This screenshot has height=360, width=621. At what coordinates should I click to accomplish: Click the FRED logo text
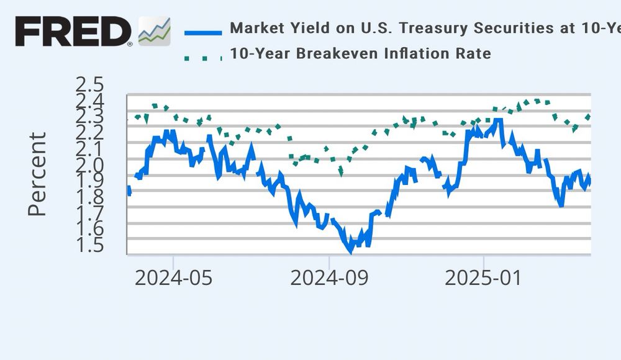coord(73,31)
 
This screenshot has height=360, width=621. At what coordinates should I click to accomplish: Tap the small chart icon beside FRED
coord(154,31)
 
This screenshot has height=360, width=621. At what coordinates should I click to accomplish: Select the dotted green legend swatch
coord(202,58)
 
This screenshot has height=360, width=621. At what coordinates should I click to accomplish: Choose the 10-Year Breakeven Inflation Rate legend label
coord(360,53)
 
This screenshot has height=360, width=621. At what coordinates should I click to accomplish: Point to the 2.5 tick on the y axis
coord(89,84)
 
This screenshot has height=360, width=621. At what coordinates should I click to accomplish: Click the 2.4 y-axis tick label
coord(89,101)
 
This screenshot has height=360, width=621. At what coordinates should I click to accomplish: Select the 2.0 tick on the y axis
coord(89,165)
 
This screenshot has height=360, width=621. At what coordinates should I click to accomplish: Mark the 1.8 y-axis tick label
coord(89,197)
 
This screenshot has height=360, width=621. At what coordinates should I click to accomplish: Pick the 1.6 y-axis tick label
coord(89,230)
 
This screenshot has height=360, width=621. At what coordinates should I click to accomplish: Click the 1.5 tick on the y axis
coord(89,246)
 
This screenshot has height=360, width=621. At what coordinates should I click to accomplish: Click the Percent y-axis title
coord(37,174)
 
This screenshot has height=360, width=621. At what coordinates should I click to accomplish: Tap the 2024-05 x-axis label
coord(173,277)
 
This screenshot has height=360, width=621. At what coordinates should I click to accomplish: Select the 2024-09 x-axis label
coord(329,277)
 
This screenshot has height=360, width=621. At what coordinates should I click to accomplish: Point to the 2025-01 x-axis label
coord(484,277)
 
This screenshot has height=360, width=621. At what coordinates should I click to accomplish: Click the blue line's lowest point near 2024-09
coord(351,251)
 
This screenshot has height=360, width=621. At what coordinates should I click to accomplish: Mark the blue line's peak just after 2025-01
coord(498,120)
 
